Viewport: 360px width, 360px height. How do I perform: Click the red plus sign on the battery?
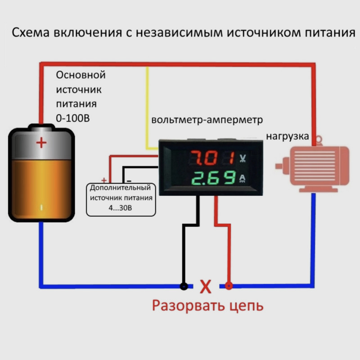click(x=41, y=143)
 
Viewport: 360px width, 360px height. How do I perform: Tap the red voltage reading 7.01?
click(x=211, y=158)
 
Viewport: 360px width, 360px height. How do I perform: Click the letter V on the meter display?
click(x=243, y=158)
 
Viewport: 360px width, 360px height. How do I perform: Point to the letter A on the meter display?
click(x=243, y=178)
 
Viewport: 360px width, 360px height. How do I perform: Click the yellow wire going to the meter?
click(x=147, y=108)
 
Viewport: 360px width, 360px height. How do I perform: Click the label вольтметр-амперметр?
click(x=207, y=120)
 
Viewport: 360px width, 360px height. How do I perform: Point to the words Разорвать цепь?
click(x=207, y=306)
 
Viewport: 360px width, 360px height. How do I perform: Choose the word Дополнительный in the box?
click(x=121, y=188)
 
